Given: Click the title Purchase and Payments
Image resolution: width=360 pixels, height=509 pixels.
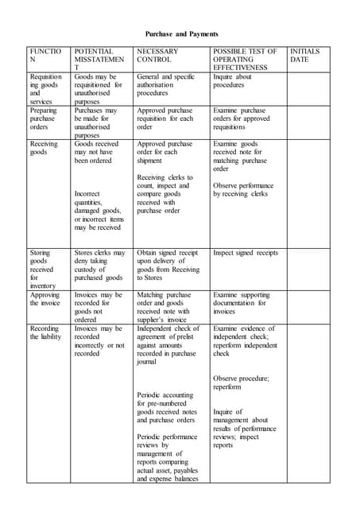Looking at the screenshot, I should (x=180, y=34).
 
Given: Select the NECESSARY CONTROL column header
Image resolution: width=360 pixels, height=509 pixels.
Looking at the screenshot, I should (x=157, y=56).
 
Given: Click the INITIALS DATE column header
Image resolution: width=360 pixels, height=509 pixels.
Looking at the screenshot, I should (x=305, y=56).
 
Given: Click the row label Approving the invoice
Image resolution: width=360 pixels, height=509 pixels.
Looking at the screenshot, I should (x=45, y=299).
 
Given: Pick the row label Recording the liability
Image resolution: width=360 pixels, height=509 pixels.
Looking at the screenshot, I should (x=45, y=332).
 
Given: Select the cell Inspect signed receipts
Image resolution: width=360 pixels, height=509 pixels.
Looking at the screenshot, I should (x=246, y=253).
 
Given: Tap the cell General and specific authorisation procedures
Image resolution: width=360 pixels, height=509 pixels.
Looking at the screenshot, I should (x=165, y=85).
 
